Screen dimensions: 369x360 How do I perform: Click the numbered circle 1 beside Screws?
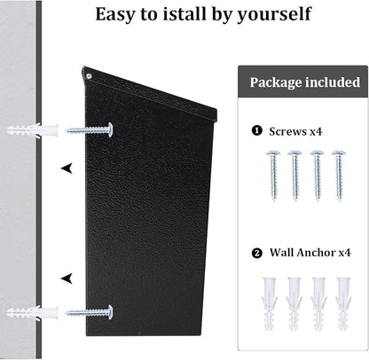coord(256,130)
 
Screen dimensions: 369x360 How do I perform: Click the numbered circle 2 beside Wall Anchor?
coord(257,254)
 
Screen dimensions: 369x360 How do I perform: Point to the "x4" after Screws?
coord(316,131)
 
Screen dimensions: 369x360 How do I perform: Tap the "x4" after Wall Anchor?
coord(344,253)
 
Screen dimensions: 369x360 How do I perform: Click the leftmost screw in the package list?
coord(273,175)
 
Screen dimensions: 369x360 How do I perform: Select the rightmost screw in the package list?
coord(339,175)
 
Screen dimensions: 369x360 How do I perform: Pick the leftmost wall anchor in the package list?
coord(269,303)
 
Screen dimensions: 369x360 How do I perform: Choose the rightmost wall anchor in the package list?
coord(343,303)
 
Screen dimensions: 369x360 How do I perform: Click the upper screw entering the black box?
coord(89,130)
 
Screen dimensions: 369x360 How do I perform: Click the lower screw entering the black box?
coord(89,312)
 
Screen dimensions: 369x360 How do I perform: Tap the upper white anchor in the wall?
coord(33,130)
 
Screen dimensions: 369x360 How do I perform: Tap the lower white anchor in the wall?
coord(33,313)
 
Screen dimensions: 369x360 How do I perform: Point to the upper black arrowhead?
coord(67,168)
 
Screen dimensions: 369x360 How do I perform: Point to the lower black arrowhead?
coord(67,278)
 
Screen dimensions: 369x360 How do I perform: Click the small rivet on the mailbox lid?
coord(89,76)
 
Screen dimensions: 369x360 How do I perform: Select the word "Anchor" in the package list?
coord(317,253)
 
